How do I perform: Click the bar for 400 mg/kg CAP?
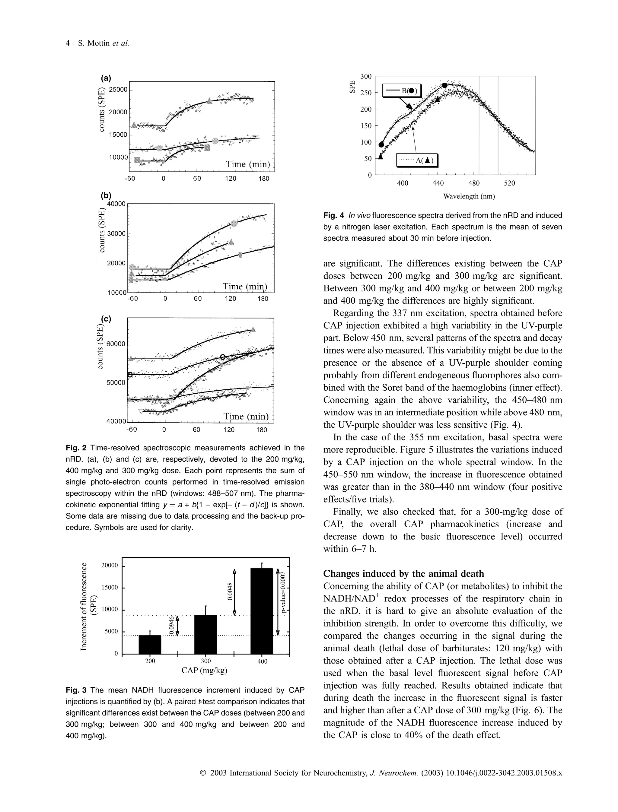[262, 611]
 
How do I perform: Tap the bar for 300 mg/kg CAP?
[205, 634]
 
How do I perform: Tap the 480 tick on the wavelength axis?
[474, 183]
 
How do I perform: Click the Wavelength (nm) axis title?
[469, 196]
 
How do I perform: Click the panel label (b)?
[106, 195]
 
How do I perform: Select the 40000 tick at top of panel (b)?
[116, 204]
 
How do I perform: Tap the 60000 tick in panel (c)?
[116, 344]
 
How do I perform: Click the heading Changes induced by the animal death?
[403, 574]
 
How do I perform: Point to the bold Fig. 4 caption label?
[334, 215]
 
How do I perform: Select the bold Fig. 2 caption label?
[76, 448]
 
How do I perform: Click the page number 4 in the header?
[68, 43]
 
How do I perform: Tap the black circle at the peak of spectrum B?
[444, 85]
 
